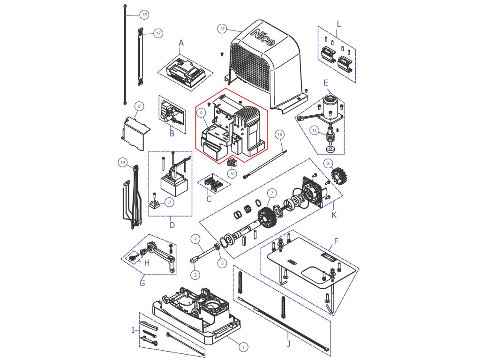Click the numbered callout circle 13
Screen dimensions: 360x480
(222, 29)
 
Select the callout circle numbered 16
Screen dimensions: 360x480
(143, 15)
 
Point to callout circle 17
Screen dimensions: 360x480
(158, 33)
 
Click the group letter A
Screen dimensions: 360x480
(181, 43)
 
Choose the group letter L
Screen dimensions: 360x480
(339, 23)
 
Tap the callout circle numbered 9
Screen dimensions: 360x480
(200, 112)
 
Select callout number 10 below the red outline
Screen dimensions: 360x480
(232, 174)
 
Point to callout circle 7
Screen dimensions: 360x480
(270, 193)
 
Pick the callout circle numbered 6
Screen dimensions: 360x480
(138, 106)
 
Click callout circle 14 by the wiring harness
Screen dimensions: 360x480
(122, 162)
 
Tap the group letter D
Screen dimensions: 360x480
(172, 225)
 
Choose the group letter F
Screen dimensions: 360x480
(336, 243)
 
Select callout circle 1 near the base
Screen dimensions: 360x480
(243, 346)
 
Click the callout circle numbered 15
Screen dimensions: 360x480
(280, 135)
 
